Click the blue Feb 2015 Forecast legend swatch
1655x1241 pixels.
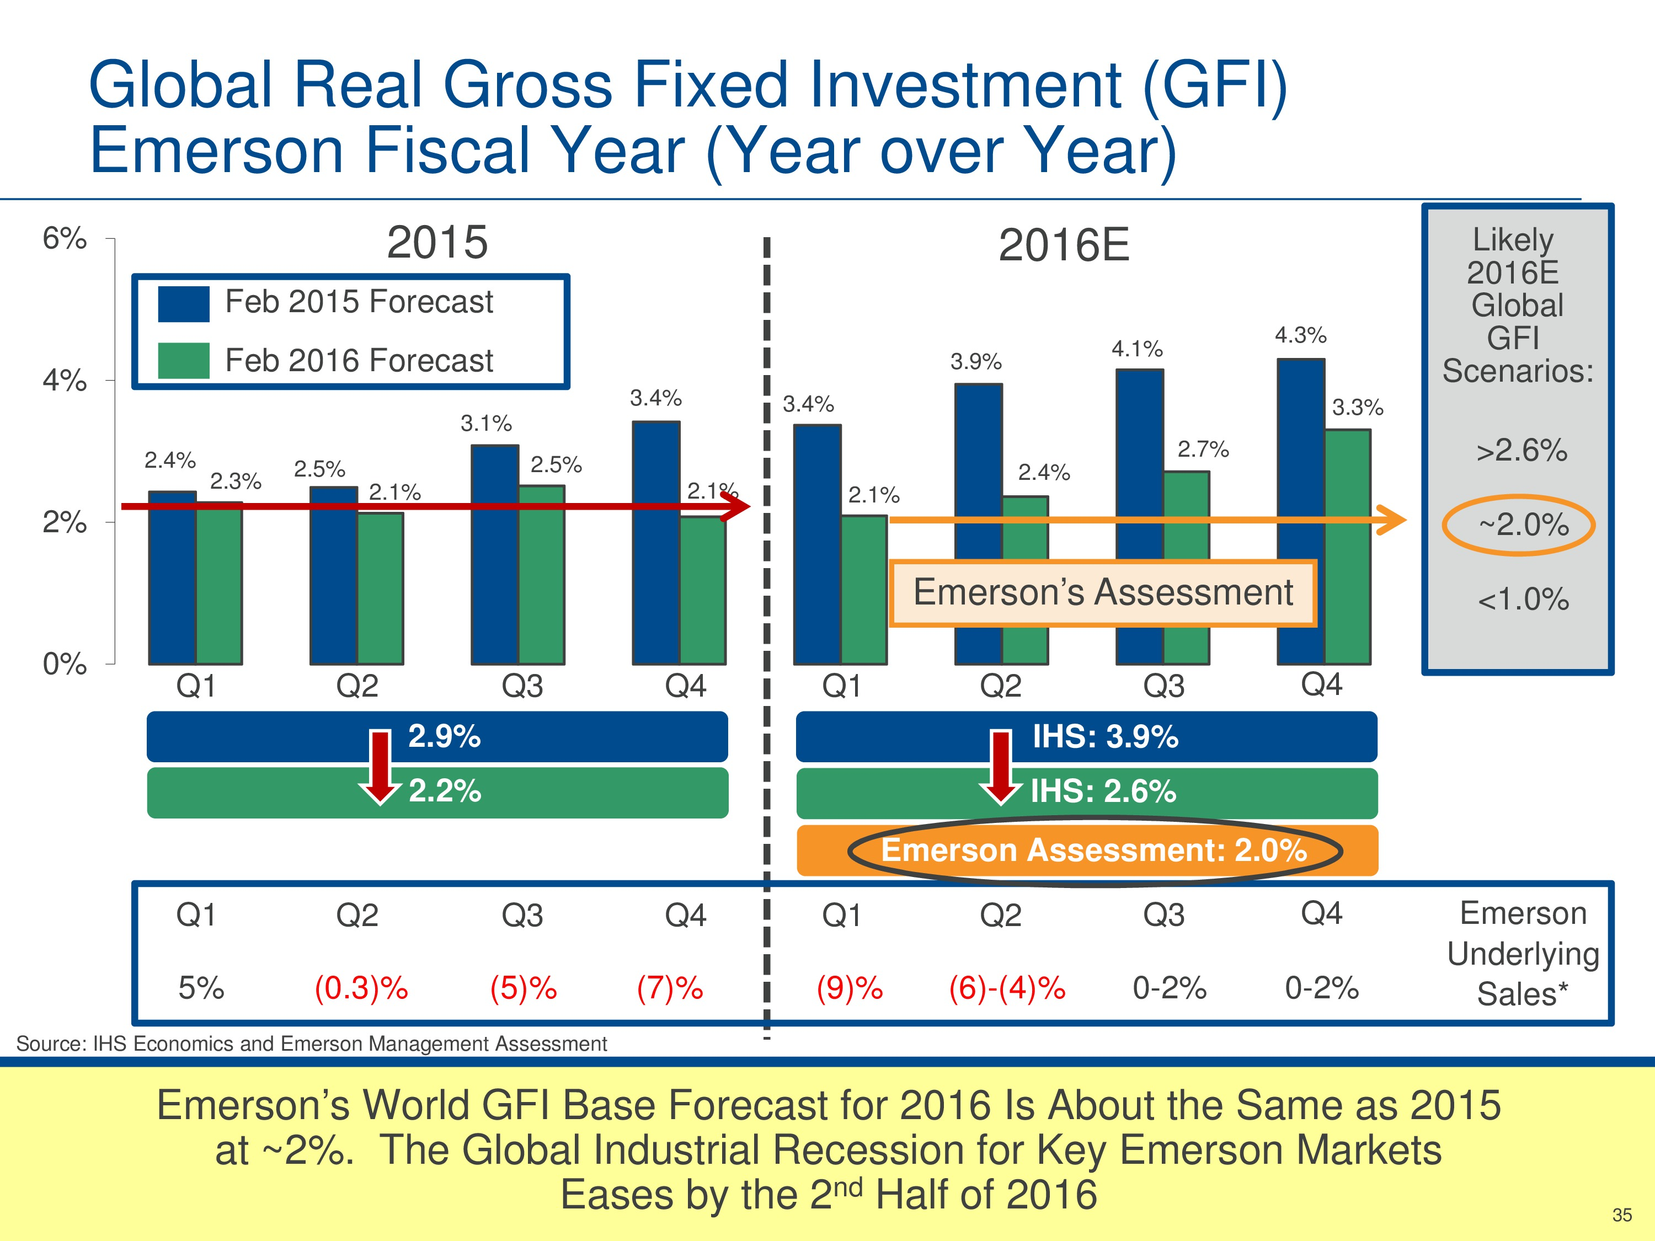pos(183,304)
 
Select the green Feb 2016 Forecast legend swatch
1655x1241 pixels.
pos(183,361)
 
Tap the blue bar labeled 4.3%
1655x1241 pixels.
pos(1300,509)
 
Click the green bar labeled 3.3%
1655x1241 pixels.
pos(1348,546)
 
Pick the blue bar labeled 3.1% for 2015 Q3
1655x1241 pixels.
pos(494,554)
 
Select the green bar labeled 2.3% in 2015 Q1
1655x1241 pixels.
pos(219,584)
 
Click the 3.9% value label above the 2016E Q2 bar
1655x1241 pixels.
pos(976,362)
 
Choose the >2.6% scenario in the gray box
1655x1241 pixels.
pos(1521,450)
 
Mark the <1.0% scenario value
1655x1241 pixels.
pos(1523,599)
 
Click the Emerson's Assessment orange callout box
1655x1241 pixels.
pos(1103,592)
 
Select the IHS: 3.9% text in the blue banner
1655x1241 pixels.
pos(1105,737)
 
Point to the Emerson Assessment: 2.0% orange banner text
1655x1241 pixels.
pos(1094,850)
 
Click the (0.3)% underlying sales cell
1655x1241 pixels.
pos(361,988)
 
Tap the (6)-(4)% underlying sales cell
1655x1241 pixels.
pos(1007,988)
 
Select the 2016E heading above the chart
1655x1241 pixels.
pos(1063,245)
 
